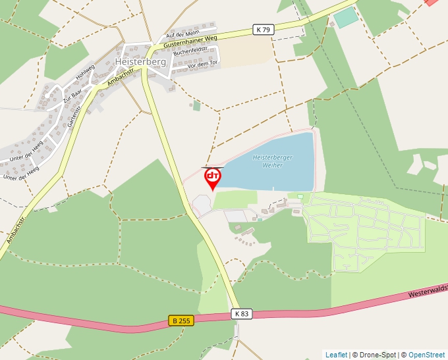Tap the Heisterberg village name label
tap(140, 61)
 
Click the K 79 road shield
tap(263, 30)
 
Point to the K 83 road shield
tap(242, 314)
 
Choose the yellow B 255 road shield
tap(181, 321)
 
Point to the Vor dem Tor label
tap(202, 64)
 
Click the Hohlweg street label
tap(86, 71)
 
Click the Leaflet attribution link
tap(336, 355)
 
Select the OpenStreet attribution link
tap(426, 355)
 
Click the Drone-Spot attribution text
tap(378, 355)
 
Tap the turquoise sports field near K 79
tap(346, 18)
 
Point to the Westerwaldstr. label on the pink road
tap(427, 290)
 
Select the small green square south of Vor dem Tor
tap(196, 105)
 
